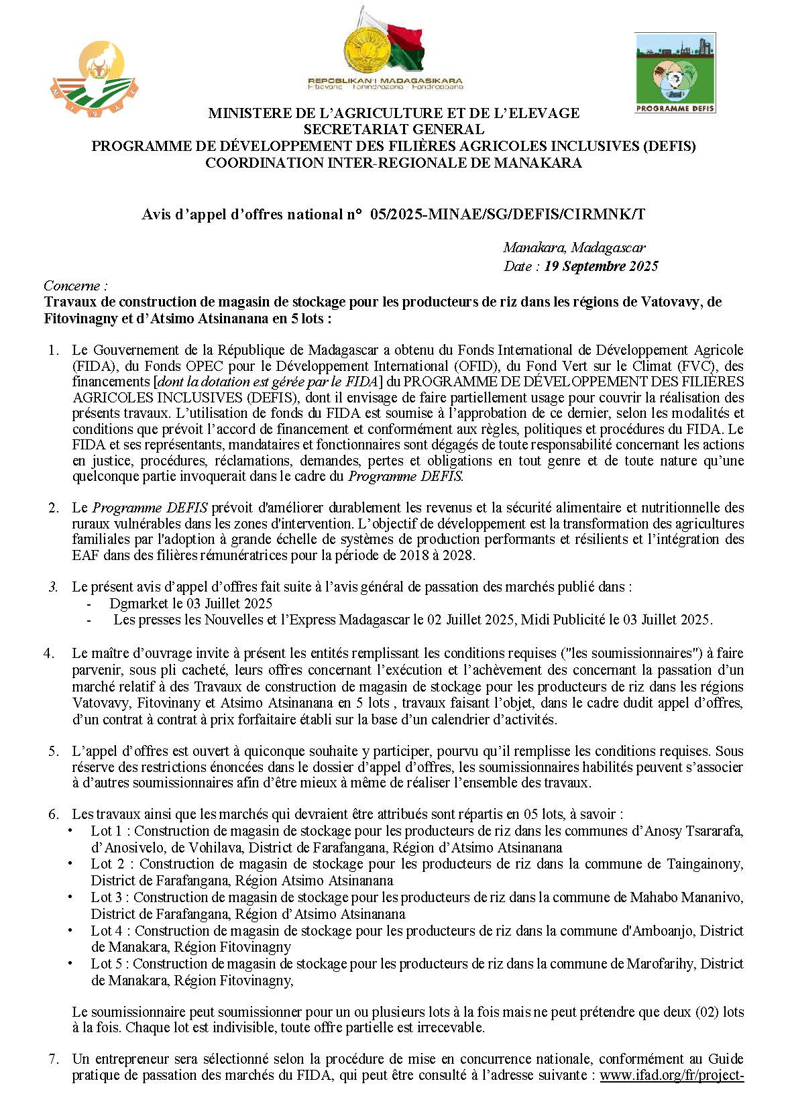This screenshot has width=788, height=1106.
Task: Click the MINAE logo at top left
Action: coord(95,78)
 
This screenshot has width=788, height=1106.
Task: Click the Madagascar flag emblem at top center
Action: coord(385,47)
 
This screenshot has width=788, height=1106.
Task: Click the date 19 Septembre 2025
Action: coord(601,266)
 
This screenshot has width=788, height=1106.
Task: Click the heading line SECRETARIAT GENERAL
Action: coord(394,129)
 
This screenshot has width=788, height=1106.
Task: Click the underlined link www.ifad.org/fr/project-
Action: coord(671,1076)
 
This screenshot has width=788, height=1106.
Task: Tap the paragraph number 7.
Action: coord(54,1060)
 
